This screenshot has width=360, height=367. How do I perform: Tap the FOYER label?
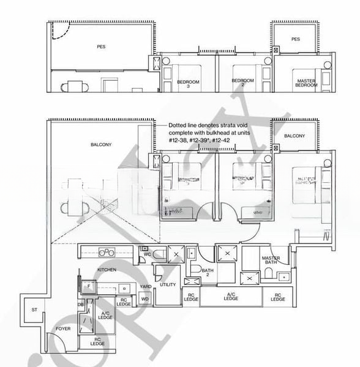coord(62,328)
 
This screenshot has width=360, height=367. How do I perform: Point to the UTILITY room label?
coord(167,285)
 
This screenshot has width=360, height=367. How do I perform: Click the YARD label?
coord(145,286)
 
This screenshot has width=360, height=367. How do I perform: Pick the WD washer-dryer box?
coord(145,298)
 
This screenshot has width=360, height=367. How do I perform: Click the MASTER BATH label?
coord(271,261)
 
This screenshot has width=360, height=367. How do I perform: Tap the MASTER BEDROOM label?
coord(306,83)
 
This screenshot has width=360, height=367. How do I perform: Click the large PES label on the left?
coord(101,46)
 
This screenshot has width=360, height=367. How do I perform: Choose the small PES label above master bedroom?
coord(296,39)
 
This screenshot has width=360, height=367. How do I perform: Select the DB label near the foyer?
coord(80,304)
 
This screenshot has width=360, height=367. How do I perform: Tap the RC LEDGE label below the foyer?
coord(98,342)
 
